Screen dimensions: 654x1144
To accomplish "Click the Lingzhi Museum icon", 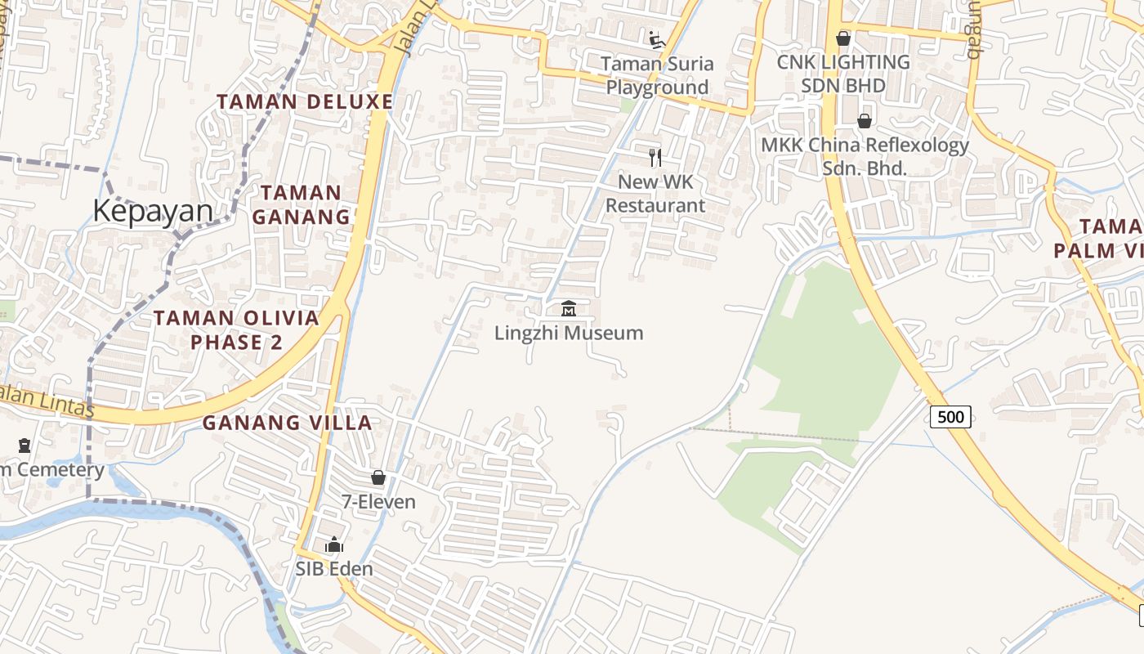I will coord(569,309).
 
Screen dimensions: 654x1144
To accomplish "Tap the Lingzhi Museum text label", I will coord(569,333).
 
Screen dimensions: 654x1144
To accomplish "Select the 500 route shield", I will coord(950,417).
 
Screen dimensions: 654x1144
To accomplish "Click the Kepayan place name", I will coord(153,211).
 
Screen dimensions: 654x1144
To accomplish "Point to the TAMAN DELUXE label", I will coord(305,102).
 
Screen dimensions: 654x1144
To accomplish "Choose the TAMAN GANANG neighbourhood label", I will coord(301,205).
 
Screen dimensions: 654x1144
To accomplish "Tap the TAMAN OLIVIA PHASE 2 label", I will coord(236,330).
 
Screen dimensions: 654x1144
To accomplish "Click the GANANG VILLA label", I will coord(288,423).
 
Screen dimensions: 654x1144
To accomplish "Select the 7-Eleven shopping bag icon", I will coord(378,477).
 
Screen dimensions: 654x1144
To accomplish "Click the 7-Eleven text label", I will coord(378,501).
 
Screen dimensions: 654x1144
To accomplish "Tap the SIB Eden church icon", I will coord(334,545).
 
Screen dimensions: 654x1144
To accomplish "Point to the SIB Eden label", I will coord(334,569).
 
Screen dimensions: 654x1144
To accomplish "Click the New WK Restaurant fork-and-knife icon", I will coord(655,157).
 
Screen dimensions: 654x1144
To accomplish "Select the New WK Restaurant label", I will coord(655,194).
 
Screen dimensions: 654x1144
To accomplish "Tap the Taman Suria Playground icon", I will coord(656,39).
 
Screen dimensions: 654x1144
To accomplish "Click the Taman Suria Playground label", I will coord(657,75).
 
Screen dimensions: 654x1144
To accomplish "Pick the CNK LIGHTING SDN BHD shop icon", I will coord(843,38).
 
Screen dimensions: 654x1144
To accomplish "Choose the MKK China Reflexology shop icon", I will coord(864,122).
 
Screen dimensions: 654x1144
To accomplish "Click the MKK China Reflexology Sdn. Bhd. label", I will coord(865,157).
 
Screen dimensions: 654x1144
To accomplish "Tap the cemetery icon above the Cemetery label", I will coord(25,446).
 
